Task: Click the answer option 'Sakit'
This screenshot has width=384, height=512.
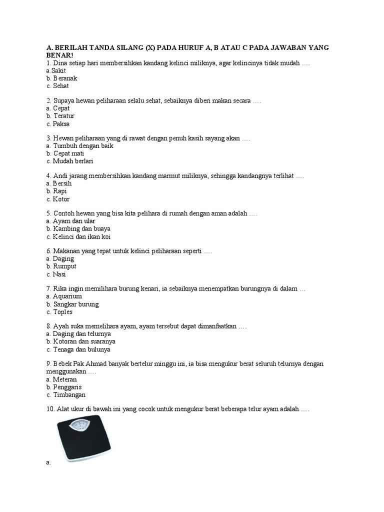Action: point(59,71)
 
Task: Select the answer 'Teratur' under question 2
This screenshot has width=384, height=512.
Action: point(63,116)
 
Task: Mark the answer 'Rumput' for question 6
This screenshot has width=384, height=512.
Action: point(64,266)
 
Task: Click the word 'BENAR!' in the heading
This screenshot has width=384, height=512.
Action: point(59,54)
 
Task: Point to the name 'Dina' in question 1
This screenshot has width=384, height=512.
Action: point(59,63)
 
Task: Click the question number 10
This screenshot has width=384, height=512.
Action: point(49,409)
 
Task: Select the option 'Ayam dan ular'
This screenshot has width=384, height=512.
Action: point(74,221)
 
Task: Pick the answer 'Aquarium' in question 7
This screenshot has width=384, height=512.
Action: point(67,296)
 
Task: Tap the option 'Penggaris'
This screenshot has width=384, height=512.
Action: point(67,387)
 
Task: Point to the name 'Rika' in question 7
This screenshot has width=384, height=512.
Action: point(59,288)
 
